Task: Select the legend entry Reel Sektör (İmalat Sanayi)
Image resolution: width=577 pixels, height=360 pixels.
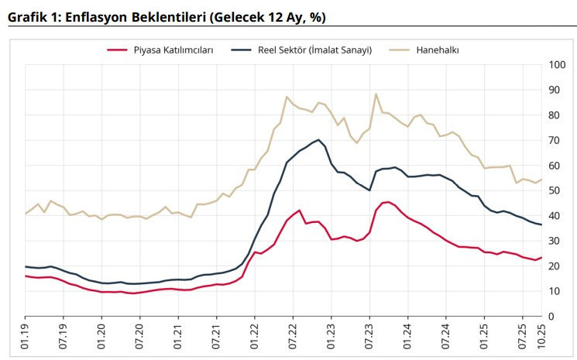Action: [x=314, y=50]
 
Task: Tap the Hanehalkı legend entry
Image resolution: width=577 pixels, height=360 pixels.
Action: [x=438, y=50]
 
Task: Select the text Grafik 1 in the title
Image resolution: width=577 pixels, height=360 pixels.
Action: [x=29, y=17]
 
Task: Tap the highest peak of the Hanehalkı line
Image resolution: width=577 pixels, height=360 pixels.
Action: [x=376, y=94]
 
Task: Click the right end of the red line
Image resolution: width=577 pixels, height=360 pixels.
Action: [x=541, y=258]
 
